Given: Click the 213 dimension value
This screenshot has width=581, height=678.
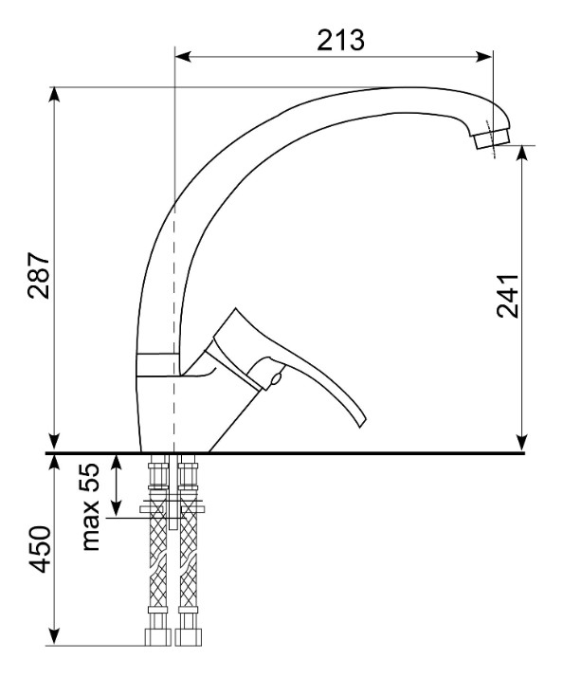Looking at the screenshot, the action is pyautogui.click(x=340, y=40).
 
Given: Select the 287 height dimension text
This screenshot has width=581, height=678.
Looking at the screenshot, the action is pyautogui.click(x=39, y=275).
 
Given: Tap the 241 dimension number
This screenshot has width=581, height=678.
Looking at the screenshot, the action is pyautogui.click(x=507, y=296).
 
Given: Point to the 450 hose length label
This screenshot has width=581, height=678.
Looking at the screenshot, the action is pyautogui.click(x=40, y=549).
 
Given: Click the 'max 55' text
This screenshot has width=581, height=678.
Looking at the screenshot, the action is pyautogui.click(x=90, y=506).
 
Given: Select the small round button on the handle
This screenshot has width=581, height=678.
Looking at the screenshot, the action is pyautogui.click(x=275, y=379).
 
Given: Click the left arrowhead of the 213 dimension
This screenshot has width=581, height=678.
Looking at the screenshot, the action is pyautogui.click(x=183, y=56).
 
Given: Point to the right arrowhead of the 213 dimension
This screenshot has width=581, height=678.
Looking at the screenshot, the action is pyautogui.click(x=484, y=56).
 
